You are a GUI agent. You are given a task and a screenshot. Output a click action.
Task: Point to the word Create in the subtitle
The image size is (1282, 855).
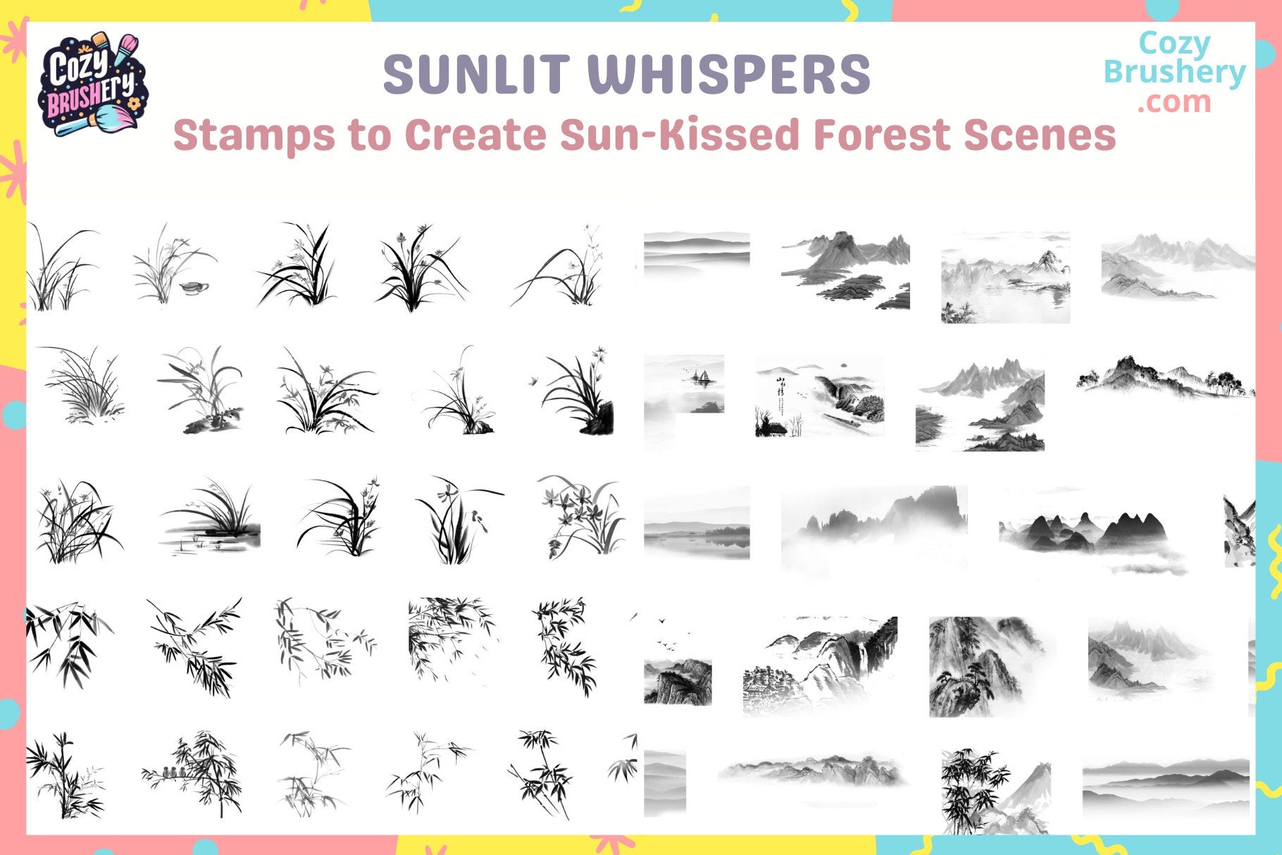[475, 135]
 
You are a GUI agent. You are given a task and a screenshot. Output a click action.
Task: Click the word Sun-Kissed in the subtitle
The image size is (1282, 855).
[680, 135]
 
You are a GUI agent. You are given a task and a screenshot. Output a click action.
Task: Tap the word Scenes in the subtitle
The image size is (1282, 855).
[1040, 135]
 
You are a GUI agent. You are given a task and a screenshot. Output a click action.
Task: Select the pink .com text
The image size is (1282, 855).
[1174, 102]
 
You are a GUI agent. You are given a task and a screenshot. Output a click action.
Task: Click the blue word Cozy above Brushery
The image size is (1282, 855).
[1174, 44]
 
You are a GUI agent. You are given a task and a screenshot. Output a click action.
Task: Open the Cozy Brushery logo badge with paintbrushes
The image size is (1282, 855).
[90, 83]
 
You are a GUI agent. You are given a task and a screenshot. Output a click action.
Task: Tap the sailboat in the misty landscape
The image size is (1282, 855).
[700, 377]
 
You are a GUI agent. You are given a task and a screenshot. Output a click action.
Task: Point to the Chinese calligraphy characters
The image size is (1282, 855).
[780, 392]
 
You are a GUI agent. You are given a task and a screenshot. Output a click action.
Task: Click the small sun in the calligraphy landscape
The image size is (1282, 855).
[840, 366]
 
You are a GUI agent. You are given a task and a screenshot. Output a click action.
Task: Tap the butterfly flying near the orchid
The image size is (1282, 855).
[533, 381]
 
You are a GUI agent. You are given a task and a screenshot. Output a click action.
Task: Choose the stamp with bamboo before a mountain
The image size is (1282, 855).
[995, 790]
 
